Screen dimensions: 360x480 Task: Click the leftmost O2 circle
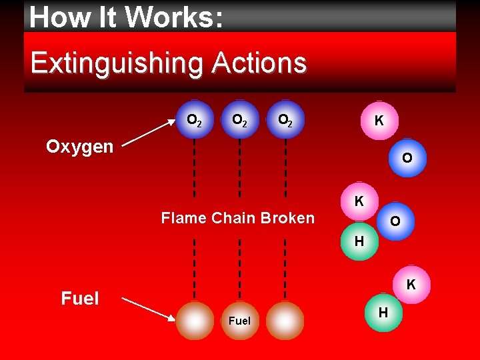(195, 120)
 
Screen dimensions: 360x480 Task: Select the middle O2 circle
(239, 120)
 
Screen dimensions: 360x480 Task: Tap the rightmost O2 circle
(285, 120)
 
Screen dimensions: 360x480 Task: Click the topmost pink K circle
(379, 121)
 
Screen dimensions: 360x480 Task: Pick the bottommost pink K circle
(411, 285)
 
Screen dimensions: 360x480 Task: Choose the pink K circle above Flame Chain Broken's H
(359, 201)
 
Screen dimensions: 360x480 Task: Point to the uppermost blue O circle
(406, 158)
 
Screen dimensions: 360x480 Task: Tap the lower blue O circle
(395, 221)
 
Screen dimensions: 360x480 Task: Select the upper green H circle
(359, 241)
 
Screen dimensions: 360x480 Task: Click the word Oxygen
(79, 147)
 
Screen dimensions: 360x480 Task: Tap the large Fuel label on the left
(79, 298)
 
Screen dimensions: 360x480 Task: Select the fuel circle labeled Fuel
(239, 321)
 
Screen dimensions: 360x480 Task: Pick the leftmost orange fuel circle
(195, 321)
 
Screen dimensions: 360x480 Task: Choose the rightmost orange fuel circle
(285, 321)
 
